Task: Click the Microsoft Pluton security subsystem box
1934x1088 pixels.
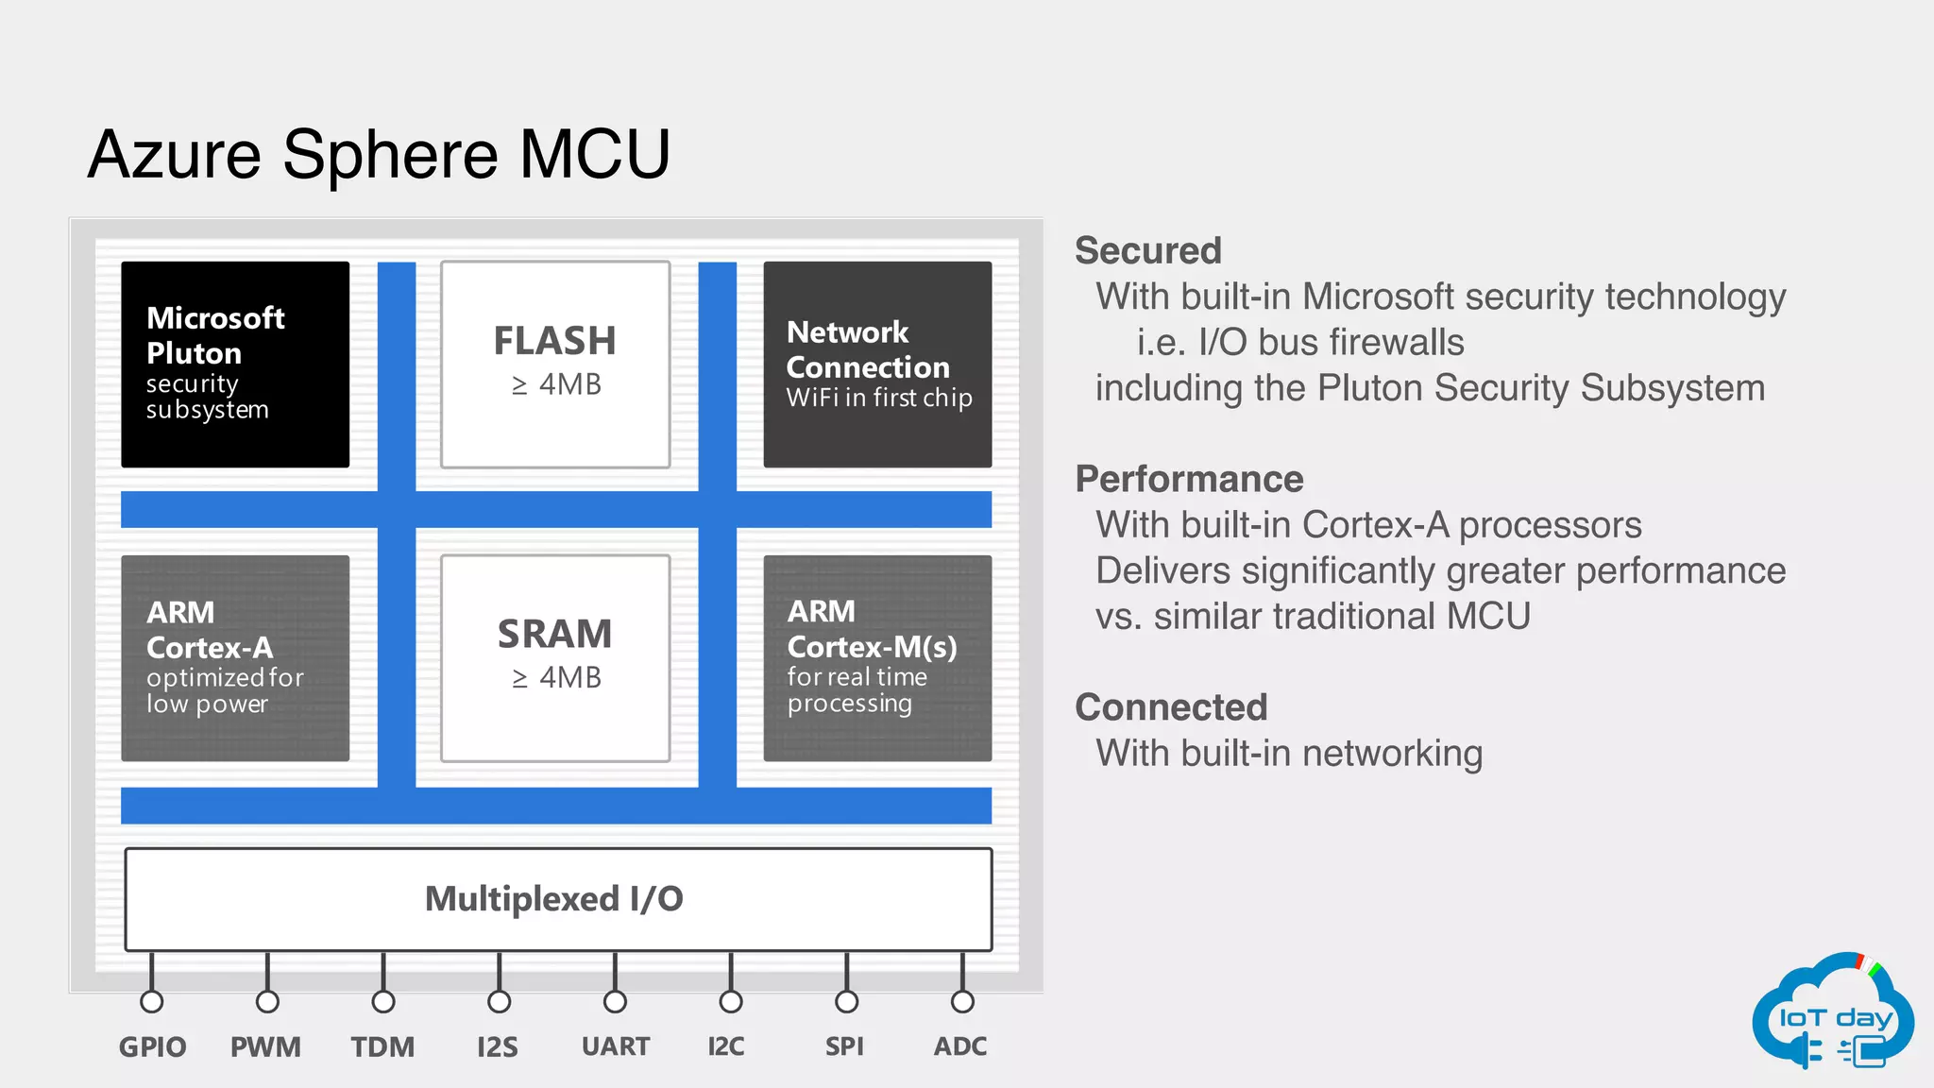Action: [x=235, y=364]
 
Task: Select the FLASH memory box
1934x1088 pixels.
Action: [x=555, y=364]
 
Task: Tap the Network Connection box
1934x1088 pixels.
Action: [x=877, y=364]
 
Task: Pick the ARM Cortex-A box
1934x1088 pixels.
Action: [x=235, y=657]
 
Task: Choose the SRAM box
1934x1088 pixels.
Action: [x=555, y=657]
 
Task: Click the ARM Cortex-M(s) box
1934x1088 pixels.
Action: [x=877, y=657]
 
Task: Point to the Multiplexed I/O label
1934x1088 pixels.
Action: [x=554, y=898]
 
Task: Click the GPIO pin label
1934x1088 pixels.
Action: [x=152, y=1046]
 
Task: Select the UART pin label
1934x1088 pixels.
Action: [x=616, y=1046]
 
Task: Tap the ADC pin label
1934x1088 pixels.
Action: [x=960, y=1046]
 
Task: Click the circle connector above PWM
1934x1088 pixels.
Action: [x=267, y=1001]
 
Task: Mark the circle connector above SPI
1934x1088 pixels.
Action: [x=846, y=1001]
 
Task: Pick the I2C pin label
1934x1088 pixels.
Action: [x=726, y=1046]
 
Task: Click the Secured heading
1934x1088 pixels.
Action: [x=1148, y=251]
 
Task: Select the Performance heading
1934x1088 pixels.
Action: [x=1189, y=479]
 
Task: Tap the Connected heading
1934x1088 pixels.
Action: [x=1171, y=707]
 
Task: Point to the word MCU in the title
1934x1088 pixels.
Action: [x=595, y=154]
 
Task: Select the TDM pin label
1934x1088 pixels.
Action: [x=382, y=1046]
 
